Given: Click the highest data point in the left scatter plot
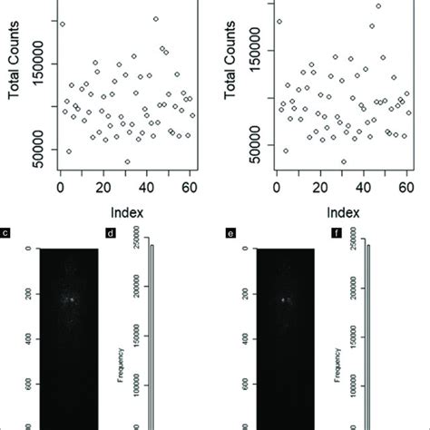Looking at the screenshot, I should [x=156, y=18].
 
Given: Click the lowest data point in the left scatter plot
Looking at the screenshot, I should [x=127, y=161].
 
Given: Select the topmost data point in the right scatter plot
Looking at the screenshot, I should [x=378, y=5].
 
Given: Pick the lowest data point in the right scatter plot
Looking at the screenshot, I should [x=343, y=161].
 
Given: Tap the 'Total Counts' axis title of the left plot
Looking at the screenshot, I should [x=12, y=77].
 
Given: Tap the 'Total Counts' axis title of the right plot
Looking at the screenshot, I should [x=229, y=77].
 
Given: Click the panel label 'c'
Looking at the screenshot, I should [x=6, y=234].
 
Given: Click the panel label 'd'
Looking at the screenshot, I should [x=112, y=234].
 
